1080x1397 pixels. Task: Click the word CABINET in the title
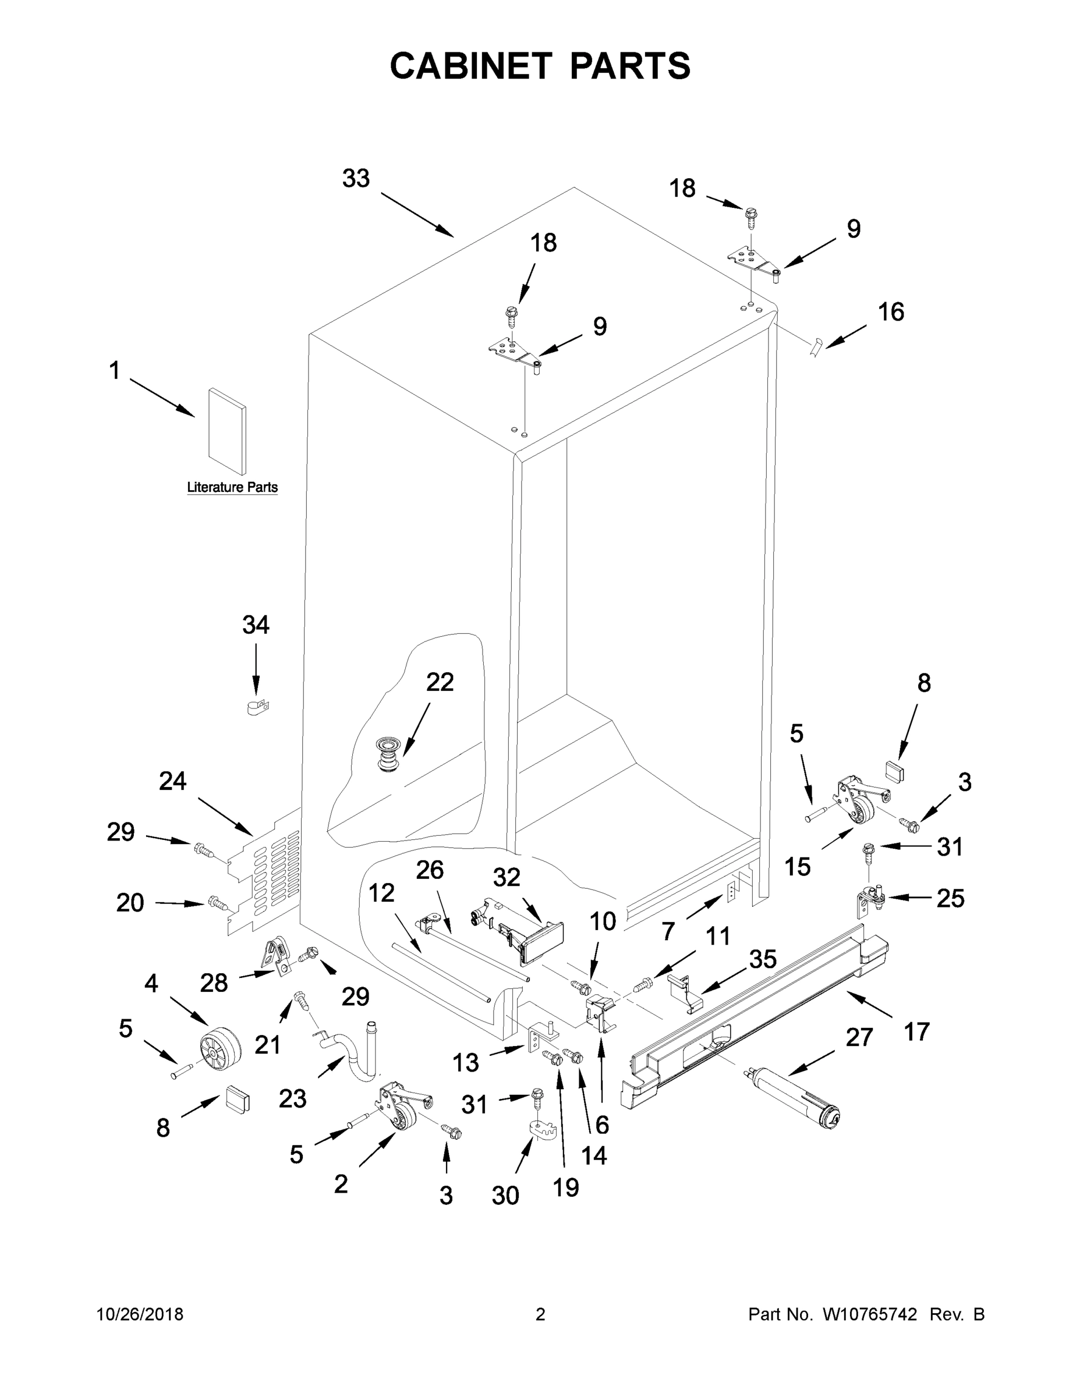click(x=470, y=66)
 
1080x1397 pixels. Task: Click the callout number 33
click(x=356, y=179)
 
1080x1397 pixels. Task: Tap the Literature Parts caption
click(x=232, y=487)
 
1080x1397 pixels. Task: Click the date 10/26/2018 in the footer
click(x=140, y=1314)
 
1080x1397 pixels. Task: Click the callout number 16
click(x=891, y=312)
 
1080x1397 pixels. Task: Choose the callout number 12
click(x=381, y=893)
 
